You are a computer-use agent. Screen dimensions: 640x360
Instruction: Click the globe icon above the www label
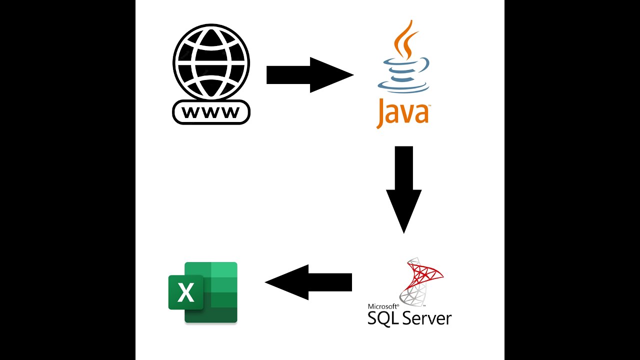211,61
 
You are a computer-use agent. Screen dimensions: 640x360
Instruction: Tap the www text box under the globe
211,112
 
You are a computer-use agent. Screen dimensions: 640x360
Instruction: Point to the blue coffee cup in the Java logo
405,67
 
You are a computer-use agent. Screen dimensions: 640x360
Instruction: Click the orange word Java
402,112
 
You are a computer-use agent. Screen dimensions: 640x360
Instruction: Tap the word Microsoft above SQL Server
383,306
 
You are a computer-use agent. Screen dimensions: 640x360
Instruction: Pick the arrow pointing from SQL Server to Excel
308,282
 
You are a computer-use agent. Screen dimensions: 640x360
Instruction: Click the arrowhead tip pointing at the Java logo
352,75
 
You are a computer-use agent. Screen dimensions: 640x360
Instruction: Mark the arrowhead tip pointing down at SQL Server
404,231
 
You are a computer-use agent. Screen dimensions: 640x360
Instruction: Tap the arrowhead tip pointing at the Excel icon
266,282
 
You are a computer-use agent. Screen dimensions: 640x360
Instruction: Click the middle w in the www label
211,112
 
